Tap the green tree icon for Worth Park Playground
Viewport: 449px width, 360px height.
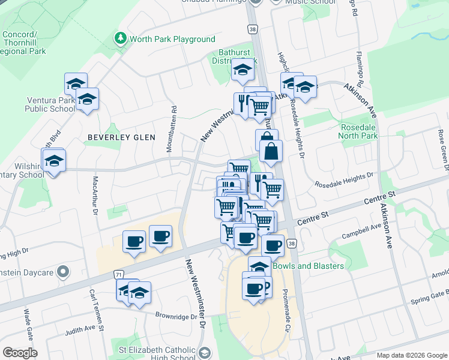121,39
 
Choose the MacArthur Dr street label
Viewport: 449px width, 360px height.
95,191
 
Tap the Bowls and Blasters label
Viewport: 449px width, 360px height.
309,265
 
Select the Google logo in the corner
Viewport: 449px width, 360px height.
20,352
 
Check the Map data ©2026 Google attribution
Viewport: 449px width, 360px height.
411,355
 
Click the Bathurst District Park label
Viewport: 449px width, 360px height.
234,57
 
